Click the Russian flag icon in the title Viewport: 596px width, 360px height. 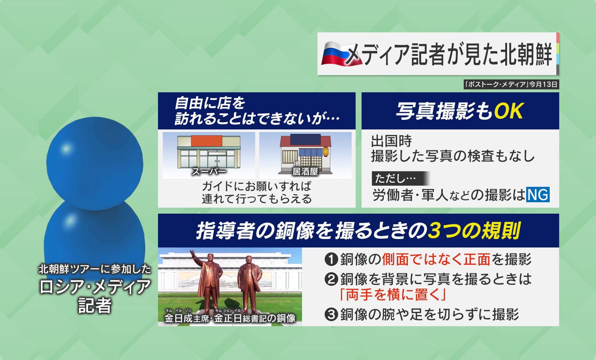point(341,54)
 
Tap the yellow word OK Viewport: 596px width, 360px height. point(509,111)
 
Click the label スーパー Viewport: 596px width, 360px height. point(209,172)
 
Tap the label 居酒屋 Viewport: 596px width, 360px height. point(305,172)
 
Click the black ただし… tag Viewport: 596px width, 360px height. point(401,178)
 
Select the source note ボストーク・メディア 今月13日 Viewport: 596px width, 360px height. point(511,85)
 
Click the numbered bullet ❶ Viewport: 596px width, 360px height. point(331,259)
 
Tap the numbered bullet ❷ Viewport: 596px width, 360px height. point(331,279)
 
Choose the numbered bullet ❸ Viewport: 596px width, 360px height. point(331,314)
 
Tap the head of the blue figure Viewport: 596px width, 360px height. point(95,163)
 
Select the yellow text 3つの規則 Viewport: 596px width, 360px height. point(474,231)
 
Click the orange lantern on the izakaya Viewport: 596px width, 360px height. point(326,152)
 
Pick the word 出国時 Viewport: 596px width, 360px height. point(391,141)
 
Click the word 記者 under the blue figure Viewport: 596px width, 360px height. point(95,305)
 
